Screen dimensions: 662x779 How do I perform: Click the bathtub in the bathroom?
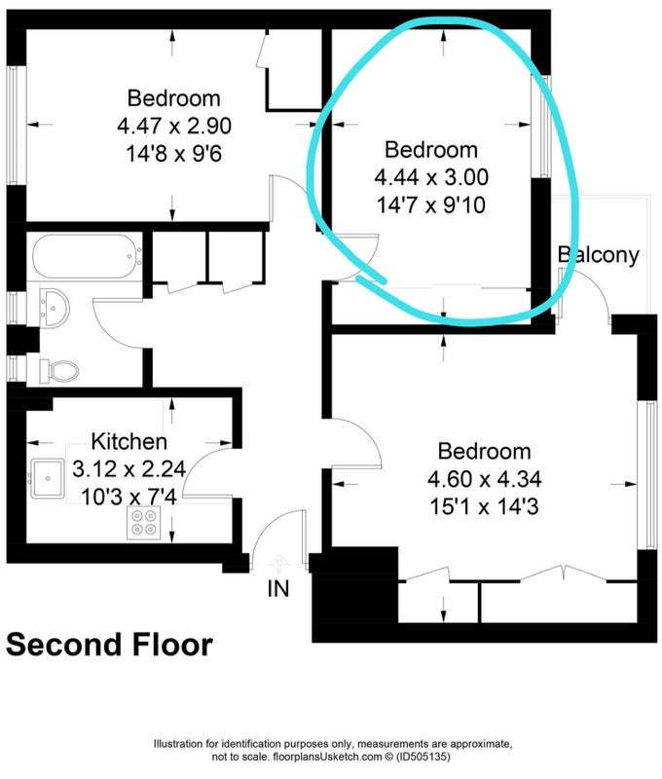coord(87,256)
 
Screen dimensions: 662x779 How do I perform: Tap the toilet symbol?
coord(59,371)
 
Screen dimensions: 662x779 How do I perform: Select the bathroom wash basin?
coord(54,309)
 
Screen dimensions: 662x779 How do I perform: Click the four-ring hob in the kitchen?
coord(144,523)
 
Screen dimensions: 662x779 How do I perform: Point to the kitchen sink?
coord(47,478)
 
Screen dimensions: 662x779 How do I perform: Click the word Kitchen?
coord(129,441)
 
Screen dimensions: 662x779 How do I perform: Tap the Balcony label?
coord(599,255)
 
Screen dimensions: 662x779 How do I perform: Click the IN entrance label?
coord(278,589)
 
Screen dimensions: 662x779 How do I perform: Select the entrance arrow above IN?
coord(279,565)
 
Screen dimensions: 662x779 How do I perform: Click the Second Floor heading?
coord(109,645)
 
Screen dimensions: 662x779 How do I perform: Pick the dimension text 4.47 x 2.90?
coord(174,126)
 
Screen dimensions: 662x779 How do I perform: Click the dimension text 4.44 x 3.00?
coord(431,177)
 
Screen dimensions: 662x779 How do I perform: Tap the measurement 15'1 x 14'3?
coord(484,507)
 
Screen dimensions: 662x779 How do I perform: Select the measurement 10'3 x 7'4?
coord(129,497)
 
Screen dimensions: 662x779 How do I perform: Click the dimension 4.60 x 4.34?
coord(484,479)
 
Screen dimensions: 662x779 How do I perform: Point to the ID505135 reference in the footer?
coord(423,758)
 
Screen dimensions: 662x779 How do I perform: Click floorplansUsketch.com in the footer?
coord(326,758)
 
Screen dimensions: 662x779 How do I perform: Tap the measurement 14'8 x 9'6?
coord(174,154)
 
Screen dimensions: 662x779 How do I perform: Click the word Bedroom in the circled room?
coord(431,150)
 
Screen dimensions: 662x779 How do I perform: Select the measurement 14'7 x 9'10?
coord(431,204)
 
